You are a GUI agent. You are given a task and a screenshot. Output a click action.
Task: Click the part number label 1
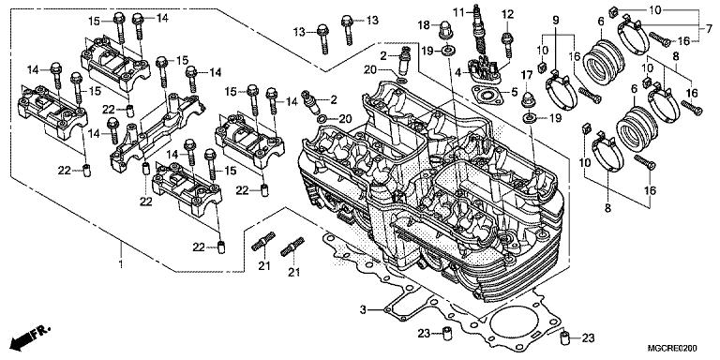(121, 264)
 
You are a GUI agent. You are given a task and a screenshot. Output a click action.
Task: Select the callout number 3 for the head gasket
(363, 310)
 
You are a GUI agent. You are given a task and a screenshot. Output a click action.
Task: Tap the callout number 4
(458, 72)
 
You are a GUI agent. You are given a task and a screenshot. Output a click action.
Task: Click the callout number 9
(556, 20)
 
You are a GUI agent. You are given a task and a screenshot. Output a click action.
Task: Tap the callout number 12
(507, 14)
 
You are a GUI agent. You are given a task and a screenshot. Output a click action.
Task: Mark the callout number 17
(526, 74)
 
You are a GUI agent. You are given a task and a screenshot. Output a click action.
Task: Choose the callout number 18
(423, 24)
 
